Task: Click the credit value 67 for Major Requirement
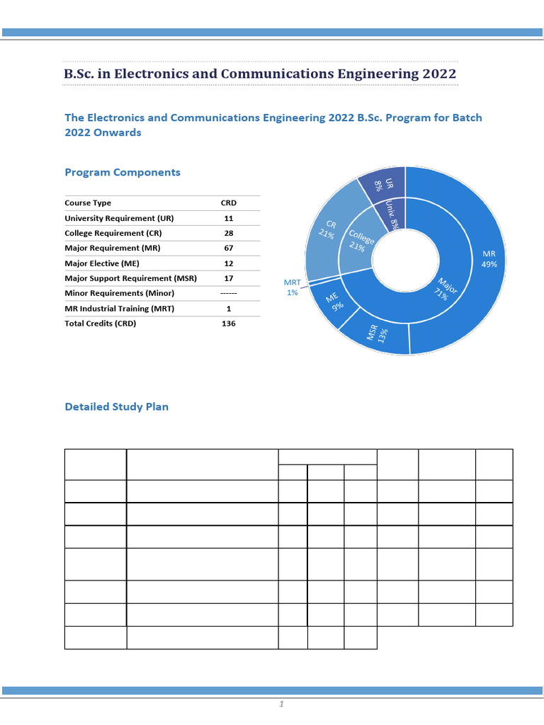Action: pyautogui.click(x=229, y=249)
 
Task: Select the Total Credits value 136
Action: pyautogui.click(x=229, y=324)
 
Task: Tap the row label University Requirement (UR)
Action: pyautogui.click(x=119, y=218)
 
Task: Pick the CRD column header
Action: pyautogui.click(x=229, y=203)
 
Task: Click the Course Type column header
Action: pyautogui.click(x=88, y=203)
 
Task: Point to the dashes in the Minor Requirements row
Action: pyautogui.click(x=229, y=293)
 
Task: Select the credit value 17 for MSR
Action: pyautogui.click(x=229, y=278)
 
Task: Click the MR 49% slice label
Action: pyautogui.click(x=489, y=259)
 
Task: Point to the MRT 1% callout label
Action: pyautogui.click(x=293, y=287)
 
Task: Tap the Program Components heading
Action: pyautogui.click(x=123, y=173)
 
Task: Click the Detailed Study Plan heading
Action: pyautogui.click(x=117, y=407)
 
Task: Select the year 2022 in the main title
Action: pyautogui.click(x=439, y=74)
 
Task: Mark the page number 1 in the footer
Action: pyautogui.click(x=281, y=704)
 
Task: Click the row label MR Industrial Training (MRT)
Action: pyautogui.click(x=119, y=309)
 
